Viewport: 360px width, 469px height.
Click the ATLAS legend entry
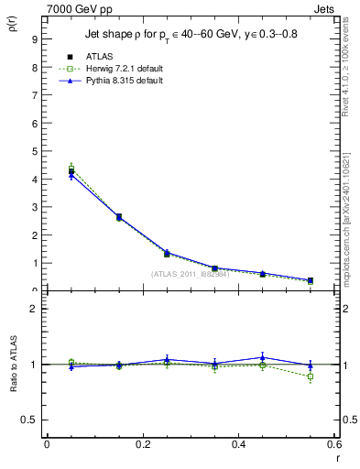(x=98, y=56)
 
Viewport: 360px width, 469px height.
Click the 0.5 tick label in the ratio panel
(x=30, y=420)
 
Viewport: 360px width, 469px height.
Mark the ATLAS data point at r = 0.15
(x=119, y=217)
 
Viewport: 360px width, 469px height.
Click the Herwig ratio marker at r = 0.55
(x=311, y=376)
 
